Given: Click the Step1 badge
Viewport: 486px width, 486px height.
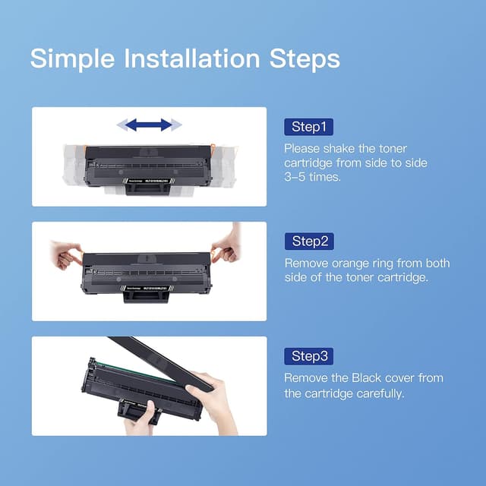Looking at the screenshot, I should coord(308,126).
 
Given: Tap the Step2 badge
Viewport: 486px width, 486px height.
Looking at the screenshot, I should coord(309,241).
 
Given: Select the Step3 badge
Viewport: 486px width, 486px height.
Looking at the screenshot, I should coord(309,356).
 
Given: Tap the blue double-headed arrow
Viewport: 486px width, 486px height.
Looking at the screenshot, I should coord(148,124).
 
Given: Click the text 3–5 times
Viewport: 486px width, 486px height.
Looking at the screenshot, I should coord(314,176).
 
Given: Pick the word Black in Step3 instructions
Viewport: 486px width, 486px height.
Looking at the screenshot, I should coord(386,377).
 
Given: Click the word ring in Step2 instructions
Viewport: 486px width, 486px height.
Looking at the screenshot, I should coord(385,264).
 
